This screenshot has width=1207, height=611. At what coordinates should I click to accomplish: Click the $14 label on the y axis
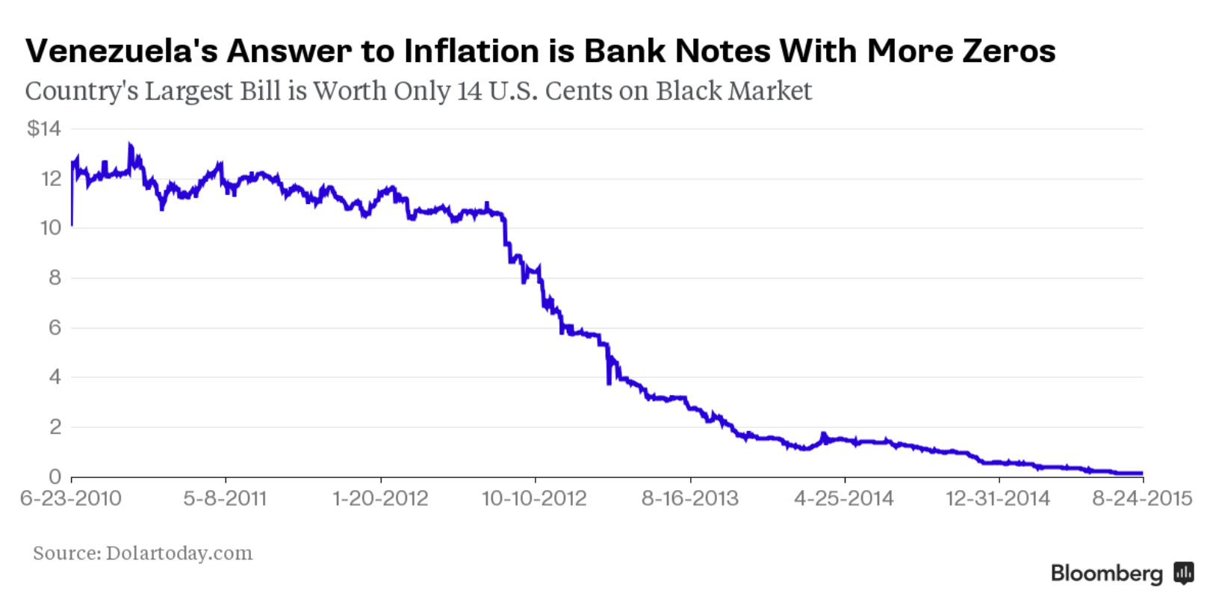(43, 128)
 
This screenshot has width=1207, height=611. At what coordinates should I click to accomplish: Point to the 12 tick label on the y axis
(51, 179)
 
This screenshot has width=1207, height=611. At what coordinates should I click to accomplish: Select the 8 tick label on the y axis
(55, 278)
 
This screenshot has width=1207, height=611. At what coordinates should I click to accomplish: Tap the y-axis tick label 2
(55, 427)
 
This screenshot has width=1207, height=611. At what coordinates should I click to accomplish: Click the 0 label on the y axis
(55, 477)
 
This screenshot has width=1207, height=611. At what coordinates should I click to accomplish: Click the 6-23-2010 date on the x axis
(71, 498)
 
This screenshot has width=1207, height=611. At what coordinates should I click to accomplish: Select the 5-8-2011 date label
(225, 498)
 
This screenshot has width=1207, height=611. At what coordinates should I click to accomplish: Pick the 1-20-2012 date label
(380, 498)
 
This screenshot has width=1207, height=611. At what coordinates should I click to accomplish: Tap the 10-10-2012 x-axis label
(534, 498)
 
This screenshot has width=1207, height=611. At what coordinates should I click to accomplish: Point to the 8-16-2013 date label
(689, 498)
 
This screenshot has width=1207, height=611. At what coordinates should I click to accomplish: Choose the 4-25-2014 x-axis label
(843, 498)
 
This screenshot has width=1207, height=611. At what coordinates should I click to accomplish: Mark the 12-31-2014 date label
(998, 498)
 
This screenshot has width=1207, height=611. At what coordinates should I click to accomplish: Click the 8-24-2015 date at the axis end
(1142, 498)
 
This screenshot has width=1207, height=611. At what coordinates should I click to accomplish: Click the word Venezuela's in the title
(122, 51)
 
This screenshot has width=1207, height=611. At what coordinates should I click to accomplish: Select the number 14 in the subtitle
(470, 90)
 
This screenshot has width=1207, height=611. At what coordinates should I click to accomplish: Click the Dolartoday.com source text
(179, 553)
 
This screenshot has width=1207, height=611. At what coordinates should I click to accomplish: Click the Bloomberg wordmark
(1106, 573)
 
